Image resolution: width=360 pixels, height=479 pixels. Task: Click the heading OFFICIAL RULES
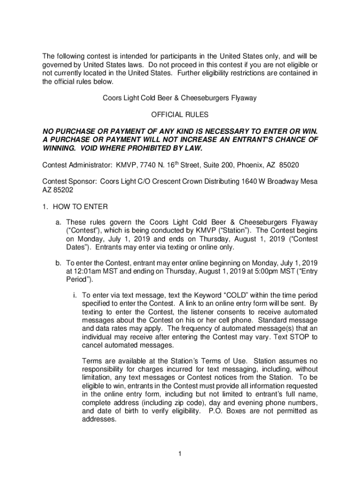[180, 115]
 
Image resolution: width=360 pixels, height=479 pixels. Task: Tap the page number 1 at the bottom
[180, 453]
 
